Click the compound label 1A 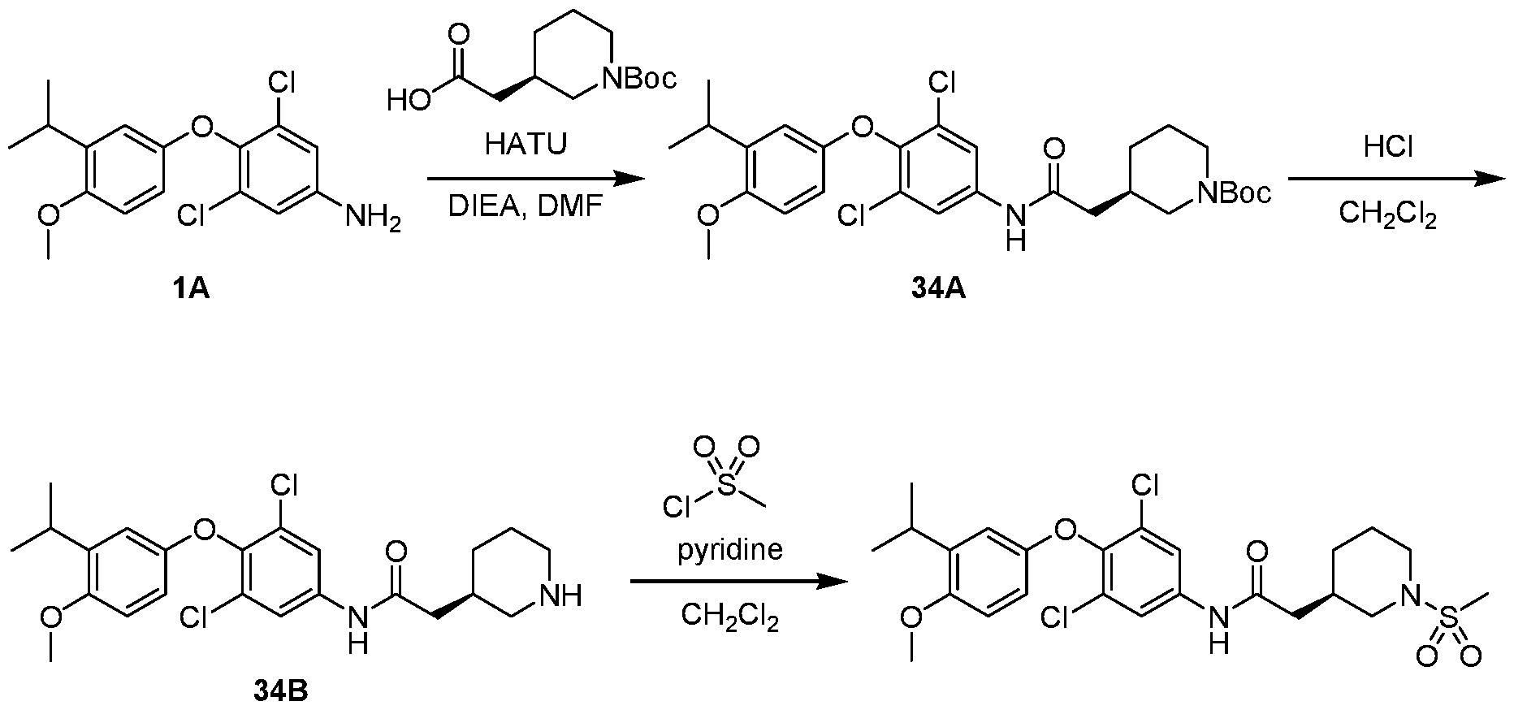(191, 288)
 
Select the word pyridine (730, 552)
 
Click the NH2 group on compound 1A (374, 218)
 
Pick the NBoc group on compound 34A (1232, 193)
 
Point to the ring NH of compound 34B (562, 596)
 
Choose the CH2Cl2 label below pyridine (730, 620)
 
